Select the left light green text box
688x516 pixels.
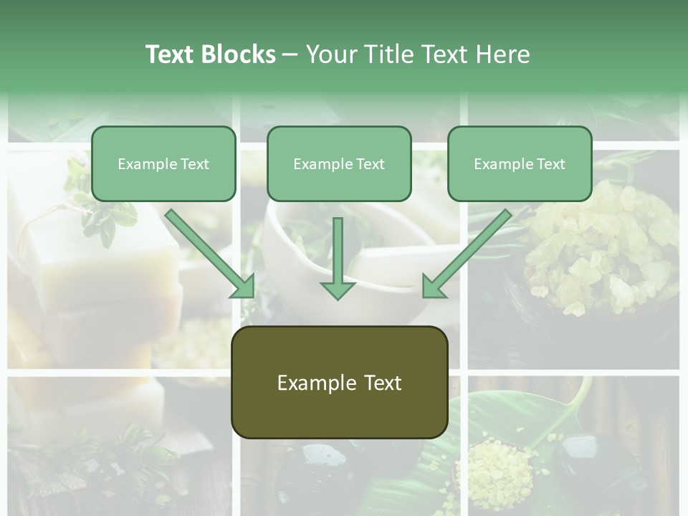pos(163,164)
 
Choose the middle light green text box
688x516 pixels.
pos(339,164)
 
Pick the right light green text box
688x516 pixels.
pos(520,164)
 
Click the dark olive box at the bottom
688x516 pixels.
pos(339,383)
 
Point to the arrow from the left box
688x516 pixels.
pos(211,254)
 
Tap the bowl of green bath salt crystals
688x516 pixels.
pos(602,251)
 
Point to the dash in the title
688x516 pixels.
pos(290,55)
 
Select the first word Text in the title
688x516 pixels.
pos(170,54)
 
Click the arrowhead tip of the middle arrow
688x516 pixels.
pos(338,298)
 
